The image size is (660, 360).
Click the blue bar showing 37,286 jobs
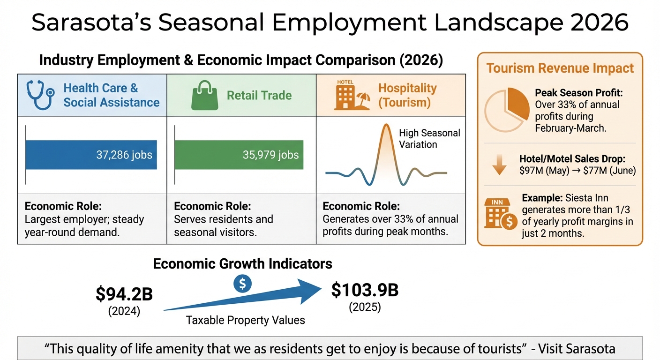91,155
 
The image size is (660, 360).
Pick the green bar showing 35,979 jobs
239,155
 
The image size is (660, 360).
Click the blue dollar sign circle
242,284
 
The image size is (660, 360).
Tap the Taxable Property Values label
246,320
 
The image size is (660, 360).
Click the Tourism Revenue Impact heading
560,68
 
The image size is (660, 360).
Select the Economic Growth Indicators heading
242,264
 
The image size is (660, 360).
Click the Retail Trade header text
259,95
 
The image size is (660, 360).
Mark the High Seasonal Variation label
429,139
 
